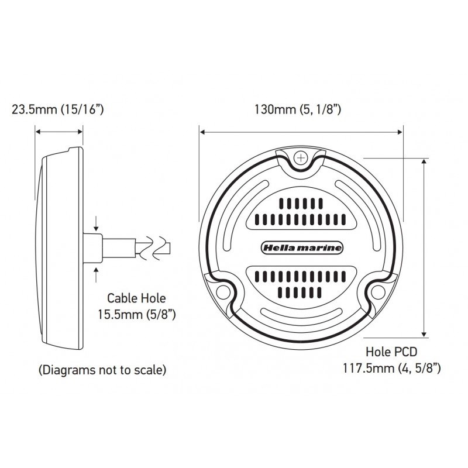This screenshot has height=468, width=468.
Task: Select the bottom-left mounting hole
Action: point(222,292)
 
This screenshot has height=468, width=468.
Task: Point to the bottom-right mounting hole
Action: point(377,292)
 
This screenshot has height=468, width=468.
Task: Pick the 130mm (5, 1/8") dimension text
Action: point(298,109)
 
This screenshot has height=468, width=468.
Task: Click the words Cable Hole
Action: point(128,297)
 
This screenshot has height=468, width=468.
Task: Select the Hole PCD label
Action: point(390,352)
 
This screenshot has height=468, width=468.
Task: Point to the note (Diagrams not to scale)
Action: point(102,370)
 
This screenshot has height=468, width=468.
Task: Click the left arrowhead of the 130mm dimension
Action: point(202,132)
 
